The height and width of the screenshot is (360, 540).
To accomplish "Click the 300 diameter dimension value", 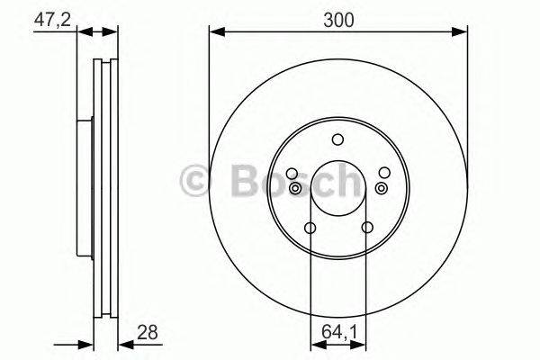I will [339, 17].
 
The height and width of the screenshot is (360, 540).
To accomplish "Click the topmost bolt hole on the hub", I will [337, 139].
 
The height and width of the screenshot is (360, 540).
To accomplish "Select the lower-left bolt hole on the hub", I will [310, 228].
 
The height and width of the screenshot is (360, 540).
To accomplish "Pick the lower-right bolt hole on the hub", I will [366, 228].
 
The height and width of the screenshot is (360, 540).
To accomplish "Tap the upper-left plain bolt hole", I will [292, 174].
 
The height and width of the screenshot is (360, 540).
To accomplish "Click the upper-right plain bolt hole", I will [384, 173].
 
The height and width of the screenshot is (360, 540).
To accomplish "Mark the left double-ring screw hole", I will [296, 188].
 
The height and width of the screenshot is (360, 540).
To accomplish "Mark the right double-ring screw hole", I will [380, 187].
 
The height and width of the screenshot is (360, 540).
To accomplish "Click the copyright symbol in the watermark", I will [195, 180].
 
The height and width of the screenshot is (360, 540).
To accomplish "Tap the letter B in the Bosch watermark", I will [243, 180].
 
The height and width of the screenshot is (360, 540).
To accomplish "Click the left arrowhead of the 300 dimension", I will [215, 32].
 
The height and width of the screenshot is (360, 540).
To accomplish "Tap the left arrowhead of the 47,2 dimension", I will [83, 32].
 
